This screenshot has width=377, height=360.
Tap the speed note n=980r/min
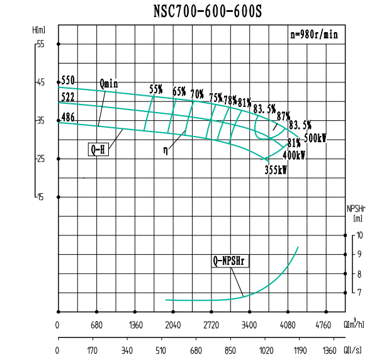click(313, 35)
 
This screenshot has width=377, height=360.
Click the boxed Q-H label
click(98, 150)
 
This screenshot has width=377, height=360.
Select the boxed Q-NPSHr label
click(230, 260)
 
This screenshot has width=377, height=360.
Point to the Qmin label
click(108, 83)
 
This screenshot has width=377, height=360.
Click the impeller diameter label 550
click(68, 80)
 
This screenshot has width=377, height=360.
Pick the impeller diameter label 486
click(68, 118)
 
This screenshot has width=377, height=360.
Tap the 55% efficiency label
click(156, 89)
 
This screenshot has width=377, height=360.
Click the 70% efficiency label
click(197, 94)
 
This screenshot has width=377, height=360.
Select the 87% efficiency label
click(283, 116)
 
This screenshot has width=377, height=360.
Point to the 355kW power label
click(276, 170)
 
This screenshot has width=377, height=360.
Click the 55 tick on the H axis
click(40, 44)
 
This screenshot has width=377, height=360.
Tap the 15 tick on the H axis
click(40, 197)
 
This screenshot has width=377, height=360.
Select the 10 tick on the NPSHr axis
click(359, 235)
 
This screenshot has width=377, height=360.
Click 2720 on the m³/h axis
click(211, 326)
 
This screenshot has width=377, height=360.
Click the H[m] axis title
click(39, 30)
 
